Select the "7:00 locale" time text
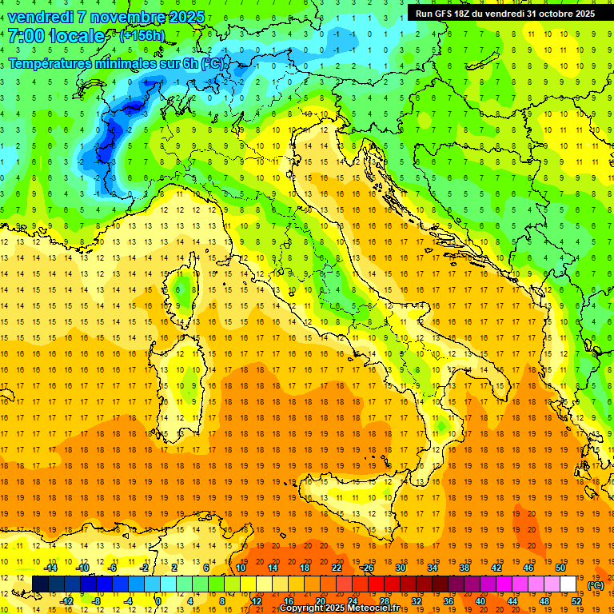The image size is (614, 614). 57,37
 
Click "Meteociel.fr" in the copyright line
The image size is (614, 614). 377,608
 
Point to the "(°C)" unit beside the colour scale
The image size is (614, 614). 596,585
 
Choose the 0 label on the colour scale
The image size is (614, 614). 158,601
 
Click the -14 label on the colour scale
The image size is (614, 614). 50,567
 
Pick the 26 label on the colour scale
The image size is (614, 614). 368,567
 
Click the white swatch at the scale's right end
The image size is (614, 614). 568,584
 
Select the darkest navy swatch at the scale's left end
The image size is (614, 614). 40,584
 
